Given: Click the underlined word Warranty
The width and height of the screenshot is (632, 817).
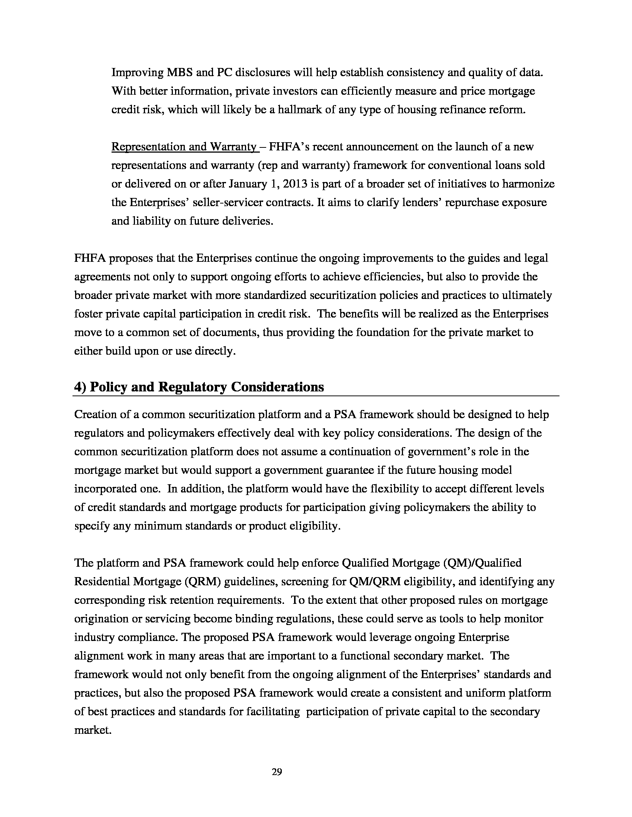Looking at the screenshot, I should (x=232, y=147).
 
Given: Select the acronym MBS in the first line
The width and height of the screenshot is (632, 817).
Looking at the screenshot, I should (x=179, y=72).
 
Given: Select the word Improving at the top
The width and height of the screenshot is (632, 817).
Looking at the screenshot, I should (x=136, y=72).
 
